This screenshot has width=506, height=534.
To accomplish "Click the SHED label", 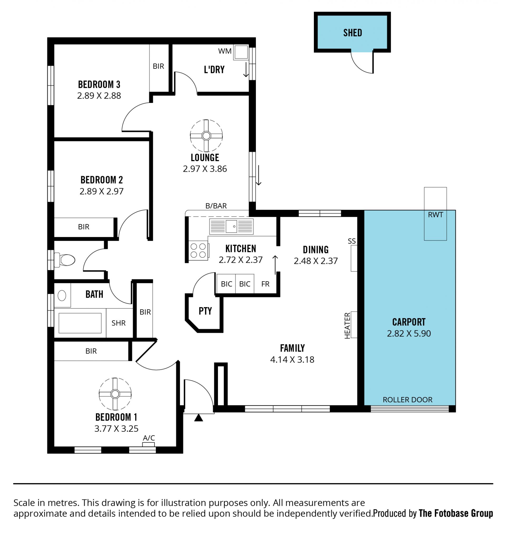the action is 353,33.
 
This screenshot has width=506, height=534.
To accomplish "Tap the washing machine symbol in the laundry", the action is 241,52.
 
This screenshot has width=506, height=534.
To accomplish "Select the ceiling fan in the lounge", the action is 206,136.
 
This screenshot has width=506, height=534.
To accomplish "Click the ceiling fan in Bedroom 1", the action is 115,394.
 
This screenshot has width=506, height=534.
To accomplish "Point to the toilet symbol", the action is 65,260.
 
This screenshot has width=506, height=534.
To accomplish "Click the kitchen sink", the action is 231,227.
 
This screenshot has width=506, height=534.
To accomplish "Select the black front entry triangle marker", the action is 198,418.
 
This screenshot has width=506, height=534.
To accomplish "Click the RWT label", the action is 435,215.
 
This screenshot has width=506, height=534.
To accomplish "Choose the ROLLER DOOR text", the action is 407,400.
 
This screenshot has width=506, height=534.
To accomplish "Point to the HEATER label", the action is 347,326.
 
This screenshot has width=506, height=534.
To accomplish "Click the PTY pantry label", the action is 205,311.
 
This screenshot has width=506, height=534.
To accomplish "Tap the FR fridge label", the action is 265,284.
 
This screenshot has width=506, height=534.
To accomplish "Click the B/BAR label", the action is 216,206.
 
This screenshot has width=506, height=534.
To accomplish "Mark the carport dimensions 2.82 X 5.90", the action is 409,334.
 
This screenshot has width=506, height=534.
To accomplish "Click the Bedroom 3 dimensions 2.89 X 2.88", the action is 99,95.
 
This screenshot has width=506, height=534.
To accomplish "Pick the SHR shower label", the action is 119,323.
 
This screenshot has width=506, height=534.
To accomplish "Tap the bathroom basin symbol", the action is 62,295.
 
